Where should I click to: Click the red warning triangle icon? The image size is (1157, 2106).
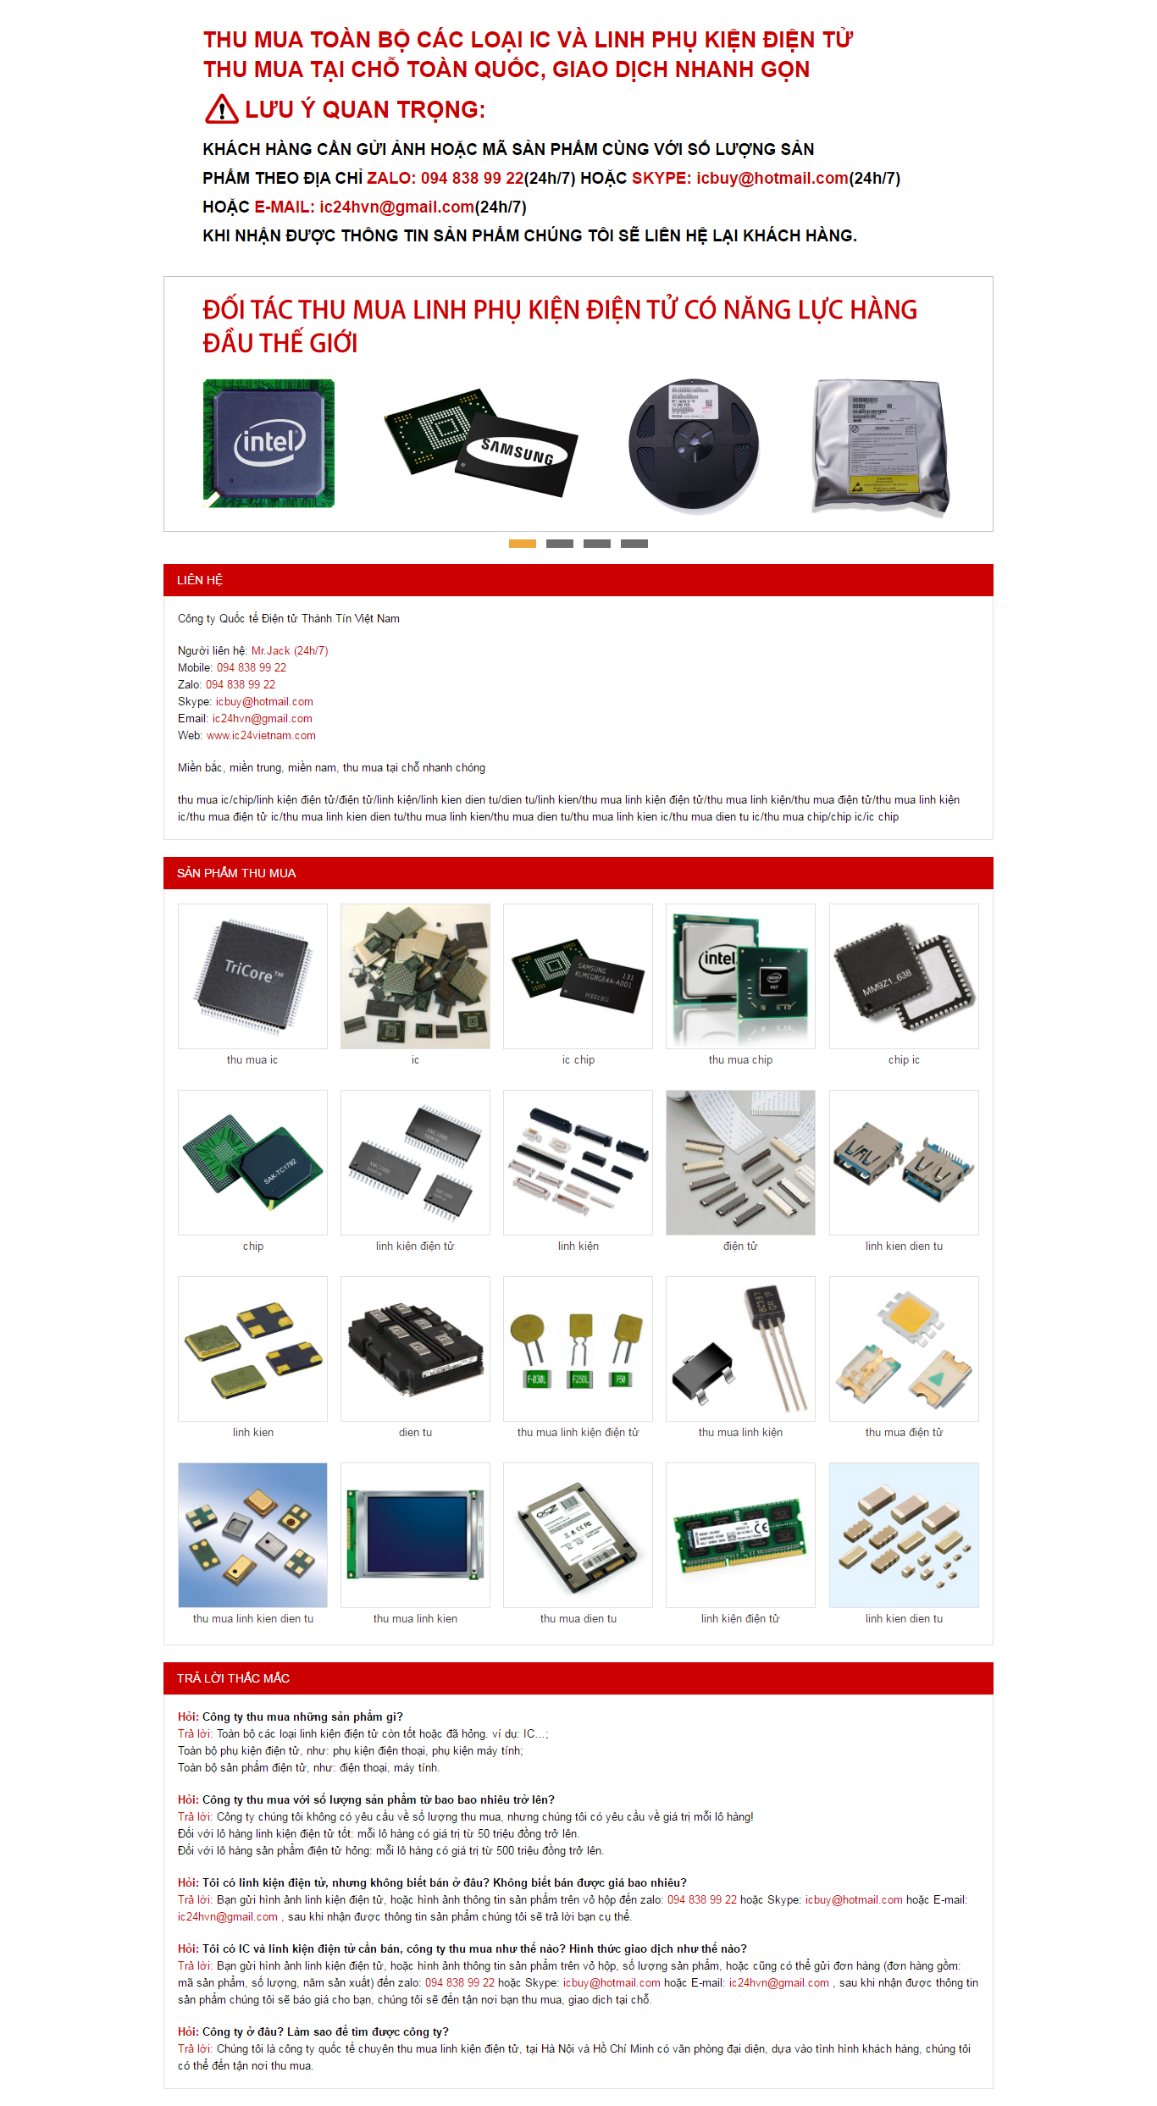point(221,109)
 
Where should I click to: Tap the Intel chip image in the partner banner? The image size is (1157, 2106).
point(268,444)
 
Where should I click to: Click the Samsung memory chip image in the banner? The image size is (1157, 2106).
point(481,443)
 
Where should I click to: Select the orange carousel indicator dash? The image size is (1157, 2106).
point(522,544)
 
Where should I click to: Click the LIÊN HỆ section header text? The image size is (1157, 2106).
point(200,580)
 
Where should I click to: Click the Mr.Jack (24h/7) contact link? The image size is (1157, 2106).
point(290,651)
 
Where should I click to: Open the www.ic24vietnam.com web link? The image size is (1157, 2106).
point(261,736)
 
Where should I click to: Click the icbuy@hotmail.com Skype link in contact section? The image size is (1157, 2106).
point(264,702)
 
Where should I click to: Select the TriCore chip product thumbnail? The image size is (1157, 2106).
point(252,976)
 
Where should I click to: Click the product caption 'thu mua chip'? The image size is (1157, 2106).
point(740,1060)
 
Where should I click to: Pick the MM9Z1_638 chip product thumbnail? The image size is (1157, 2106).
point(904,976)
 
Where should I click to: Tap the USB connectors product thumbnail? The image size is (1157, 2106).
point(904,1163)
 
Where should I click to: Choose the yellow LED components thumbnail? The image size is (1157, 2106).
point(904,1349)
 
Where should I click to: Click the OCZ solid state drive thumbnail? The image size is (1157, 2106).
point(578,1535)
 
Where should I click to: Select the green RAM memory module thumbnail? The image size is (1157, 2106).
point(740,1535)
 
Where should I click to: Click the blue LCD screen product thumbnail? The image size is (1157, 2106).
point(415,1535)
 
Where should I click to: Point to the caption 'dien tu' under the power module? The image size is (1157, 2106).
point(415,1433)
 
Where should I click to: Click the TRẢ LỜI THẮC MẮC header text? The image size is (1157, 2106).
point(233,1678)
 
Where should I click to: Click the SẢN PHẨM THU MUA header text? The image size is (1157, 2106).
point(236,873)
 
